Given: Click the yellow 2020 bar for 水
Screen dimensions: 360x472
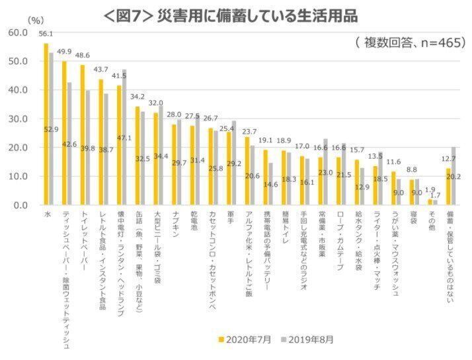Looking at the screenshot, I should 46,126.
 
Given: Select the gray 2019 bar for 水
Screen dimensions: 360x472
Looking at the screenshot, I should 51,129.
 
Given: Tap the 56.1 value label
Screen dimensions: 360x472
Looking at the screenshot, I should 46,34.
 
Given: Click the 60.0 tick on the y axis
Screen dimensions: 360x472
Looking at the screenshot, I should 16,32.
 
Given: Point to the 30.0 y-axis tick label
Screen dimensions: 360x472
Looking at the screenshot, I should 16,119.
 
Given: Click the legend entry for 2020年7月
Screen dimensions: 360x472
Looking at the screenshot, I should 244,339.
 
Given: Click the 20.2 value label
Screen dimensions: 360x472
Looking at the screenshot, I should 455,177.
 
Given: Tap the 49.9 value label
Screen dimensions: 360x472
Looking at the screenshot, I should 64,52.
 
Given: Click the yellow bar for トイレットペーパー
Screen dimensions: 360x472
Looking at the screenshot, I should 82,135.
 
